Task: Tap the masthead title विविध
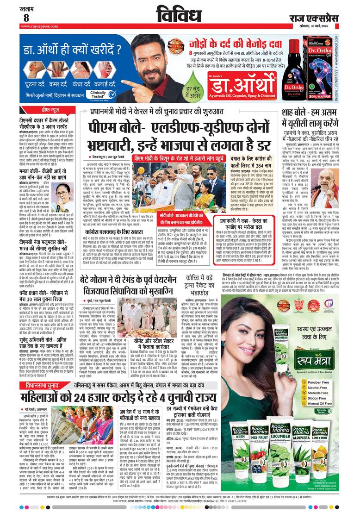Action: coord(180,15)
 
